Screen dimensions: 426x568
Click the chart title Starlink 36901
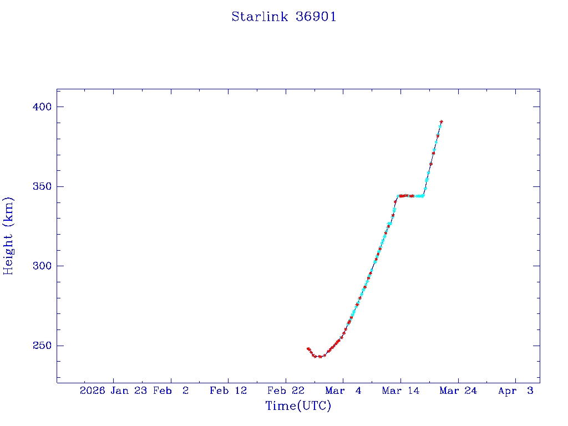point(283,17)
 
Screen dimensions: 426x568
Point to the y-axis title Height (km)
point(8,236)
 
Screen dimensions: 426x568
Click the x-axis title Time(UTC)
point(298,406)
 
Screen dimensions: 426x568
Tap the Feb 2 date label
point(171,391)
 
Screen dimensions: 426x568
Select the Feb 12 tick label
point(228,391)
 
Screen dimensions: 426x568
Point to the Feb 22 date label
point(286,391)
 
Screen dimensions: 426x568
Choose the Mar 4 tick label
point(343,391)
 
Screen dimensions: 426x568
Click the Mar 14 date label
point(400,391)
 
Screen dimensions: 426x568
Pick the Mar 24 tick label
point(458,391)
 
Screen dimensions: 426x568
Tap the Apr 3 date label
point(515,391)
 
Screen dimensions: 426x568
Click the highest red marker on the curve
point(441,121)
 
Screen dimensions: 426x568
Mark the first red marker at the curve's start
point(308,349)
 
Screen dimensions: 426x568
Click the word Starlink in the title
point(260,17)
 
